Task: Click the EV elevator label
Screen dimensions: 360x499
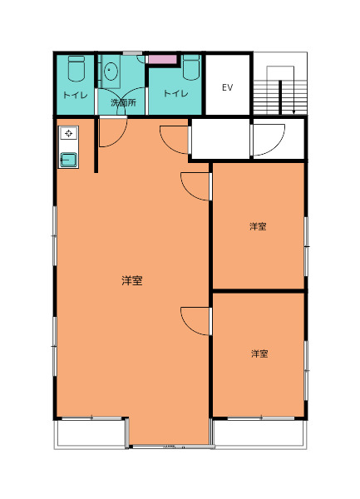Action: pos(227,87)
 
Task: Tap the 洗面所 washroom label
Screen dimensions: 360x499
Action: pos(123,102)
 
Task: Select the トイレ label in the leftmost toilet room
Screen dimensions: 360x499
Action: pos(75,95)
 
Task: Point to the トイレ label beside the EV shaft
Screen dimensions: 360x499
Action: pos(176,93)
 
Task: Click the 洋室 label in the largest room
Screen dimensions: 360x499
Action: pos(132,280)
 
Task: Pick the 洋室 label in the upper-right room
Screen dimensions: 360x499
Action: pos(258,226)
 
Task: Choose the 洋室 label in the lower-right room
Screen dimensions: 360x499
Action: pos(259,353)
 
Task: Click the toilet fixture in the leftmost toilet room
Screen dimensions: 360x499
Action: pos(76,68)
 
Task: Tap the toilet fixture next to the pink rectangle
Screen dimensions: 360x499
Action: pos(191,67)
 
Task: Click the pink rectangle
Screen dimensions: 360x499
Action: pos(162,60)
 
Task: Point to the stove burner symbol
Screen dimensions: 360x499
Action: pos(69,133)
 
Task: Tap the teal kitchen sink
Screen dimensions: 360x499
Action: pos(68,160)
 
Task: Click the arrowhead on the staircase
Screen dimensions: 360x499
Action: pos(293,111)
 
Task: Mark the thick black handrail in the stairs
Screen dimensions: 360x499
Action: pos(280,97)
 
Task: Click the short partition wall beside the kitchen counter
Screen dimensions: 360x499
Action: pos(96,145)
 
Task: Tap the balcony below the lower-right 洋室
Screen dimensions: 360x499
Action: pos(260,433)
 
